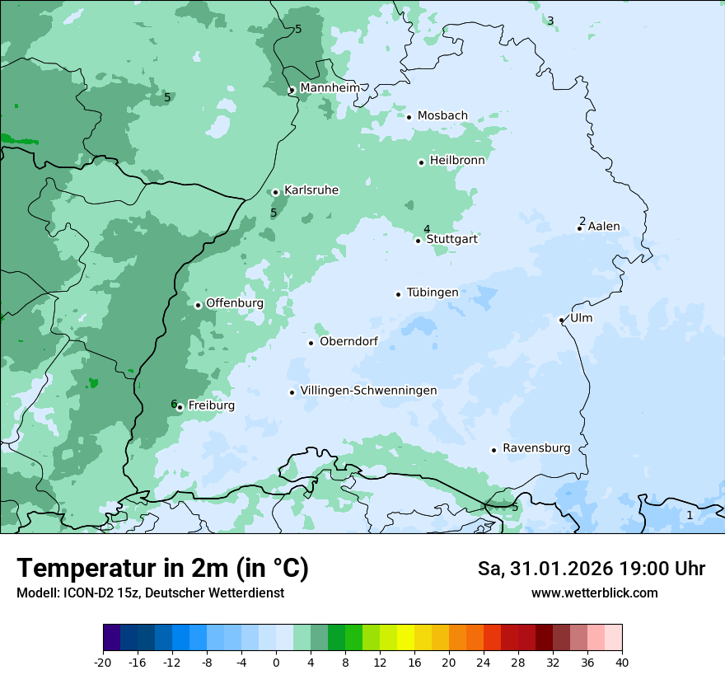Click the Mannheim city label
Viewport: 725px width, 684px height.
pyautogui.click(x=330, y=88)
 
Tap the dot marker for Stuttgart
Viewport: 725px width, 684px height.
pyautogui.click(x=419, y=241)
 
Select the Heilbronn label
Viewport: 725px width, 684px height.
pyautogui.click(x=457, y=161)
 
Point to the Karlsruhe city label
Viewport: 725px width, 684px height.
pyautogui.click(x=311, y=190)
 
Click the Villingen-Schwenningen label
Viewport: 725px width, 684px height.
pyautogui.click(x=368, y=391)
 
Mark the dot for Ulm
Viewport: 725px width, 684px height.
pyautogui.click(x=562, y=320)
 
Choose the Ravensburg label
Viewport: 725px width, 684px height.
pyautogui.click(x=536, y=448)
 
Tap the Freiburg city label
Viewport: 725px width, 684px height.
pyautogui.click(x=211, y=405)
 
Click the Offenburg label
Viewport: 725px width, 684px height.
pyautogui.click(x=235, y=303)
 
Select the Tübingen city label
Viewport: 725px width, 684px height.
pyautogui.click(x=433, y=293)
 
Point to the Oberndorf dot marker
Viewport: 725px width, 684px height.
pyautogui.click(x=311, y=343)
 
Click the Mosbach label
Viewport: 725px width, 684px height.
pyautogui.click(x=442, y=116)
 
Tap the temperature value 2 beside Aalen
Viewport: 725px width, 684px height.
pyautogui.click(x=582, y=221)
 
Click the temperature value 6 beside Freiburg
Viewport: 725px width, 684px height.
pyautogui.click(x=174, y=404)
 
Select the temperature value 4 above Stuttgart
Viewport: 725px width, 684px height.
pyautogui.click(x=427, y=229)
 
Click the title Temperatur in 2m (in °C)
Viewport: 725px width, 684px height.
pyautogui.click(x=163, y=568)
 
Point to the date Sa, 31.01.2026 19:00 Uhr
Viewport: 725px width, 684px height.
pyautogui.click(x=591, y=569)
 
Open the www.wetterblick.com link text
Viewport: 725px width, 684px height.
pyautogui.click(x=594, y=593)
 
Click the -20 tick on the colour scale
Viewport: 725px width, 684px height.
pyautogui.click(x=103, y=663)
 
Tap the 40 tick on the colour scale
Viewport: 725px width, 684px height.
pyautogui.click(x=621, y=663)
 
